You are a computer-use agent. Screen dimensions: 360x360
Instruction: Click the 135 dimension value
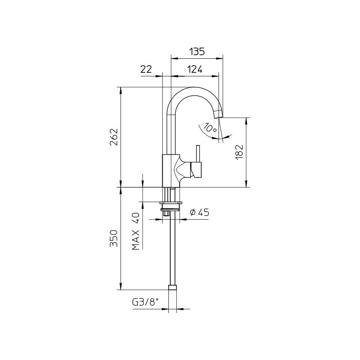[x=197, y=52]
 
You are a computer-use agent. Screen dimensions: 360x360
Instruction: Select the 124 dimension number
[x=195, y=69]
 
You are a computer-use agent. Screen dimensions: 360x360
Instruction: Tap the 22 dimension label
[x=146, y=69]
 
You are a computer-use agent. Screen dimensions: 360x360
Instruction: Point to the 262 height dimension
[x=114, y=137]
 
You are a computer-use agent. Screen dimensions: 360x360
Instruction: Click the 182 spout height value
[x=239, y=153]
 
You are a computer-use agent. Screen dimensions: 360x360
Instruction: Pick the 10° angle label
[x=210, y=128]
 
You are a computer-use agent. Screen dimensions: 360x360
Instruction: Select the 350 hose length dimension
[x=114, y=238]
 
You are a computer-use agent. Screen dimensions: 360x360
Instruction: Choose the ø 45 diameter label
[x=199, y=213]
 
